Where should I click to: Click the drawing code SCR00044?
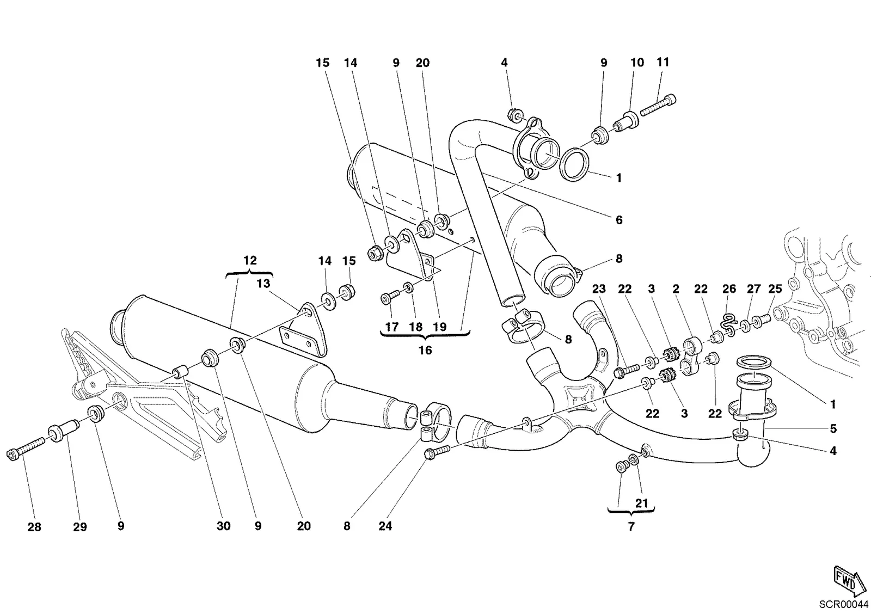844,605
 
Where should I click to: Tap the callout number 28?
34,527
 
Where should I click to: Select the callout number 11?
663,62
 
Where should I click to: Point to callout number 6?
619,220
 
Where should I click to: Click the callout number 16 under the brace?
425,351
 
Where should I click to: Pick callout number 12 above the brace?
250,260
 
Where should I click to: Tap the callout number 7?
631,526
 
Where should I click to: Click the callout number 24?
385,526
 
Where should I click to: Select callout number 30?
224,526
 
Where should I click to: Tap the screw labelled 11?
658,105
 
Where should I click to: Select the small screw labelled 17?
390,297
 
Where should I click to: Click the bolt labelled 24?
438,453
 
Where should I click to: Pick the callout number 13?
263,284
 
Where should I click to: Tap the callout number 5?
833,428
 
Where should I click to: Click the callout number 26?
729,289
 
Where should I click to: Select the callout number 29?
79,527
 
